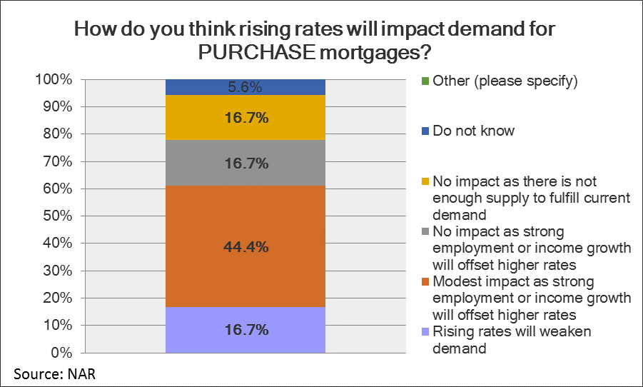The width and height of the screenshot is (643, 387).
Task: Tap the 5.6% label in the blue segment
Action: (245, 88)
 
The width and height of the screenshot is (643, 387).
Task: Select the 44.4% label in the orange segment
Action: (245, 247)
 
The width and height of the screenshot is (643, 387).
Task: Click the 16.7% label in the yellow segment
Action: (245, 118)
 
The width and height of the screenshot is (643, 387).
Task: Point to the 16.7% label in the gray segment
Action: (245, 164)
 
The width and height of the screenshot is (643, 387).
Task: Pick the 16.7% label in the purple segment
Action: (245, 330)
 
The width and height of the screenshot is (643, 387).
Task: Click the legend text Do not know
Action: (473, 131)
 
